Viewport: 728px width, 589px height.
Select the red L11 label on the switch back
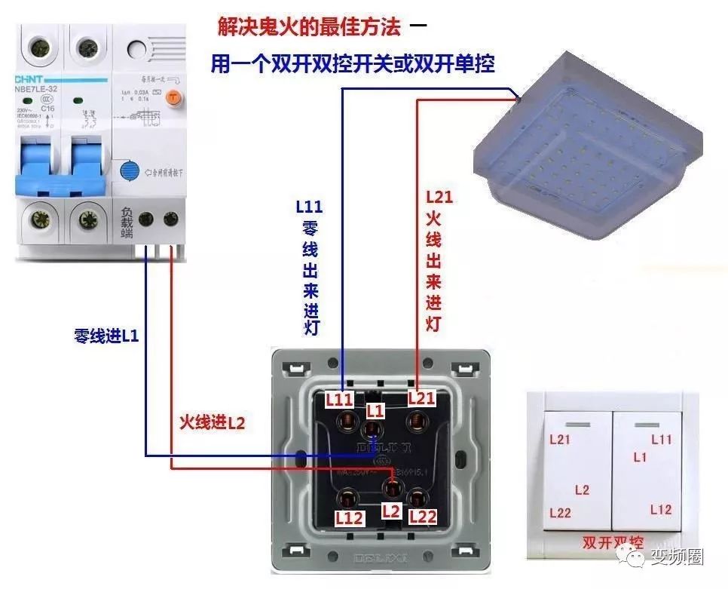(x=339, y=398)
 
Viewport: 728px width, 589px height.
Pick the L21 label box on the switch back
(x=421, y=398)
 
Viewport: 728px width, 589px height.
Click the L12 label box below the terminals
(x=349, y=518)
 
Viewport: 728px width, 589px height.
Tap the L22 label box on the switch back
(x=423, y=517)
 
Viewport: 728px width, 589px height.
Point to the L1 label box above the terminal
(x=375, y=411)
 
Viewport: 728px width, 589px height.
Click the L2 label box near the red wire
(x=390, y=510)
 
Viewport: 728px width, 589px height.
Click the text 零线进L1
(x=106, y=336)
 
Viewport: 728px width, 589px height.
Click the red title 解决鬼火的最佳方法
(x=309, y=28)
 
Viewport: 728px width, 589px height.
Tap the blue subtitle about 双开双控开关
(x=352, y=64)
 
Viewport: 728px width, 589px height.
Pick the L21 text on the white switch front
(x=560, y=440)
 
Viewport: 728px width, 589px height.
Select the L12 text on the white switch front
(x=660, y=510)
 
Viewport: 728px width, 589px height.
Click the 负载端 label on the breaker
(x=127, y=220)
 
